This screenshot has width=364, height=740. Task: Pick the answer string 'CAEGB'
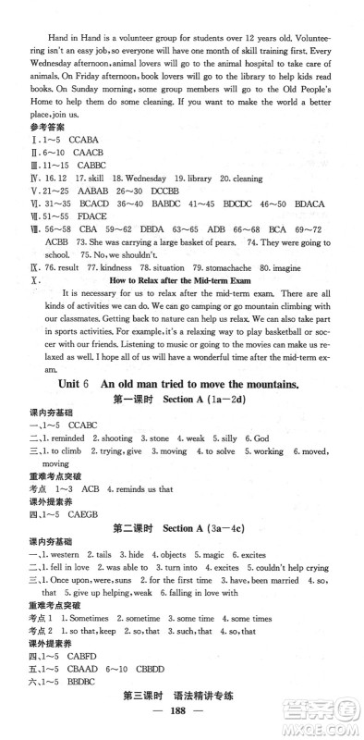pyautogui.click(x=84, y=500)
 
